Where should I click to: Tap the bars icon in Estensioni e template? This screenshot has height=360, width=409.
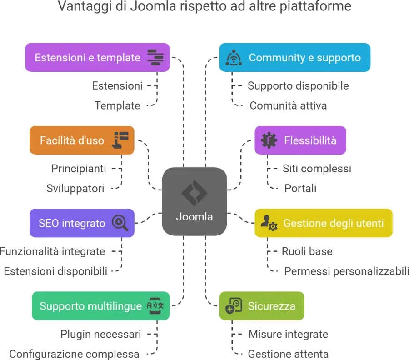pyautogui.click(x=155, y=58)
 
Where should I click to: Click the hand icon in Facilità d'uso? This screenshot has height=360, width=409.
pyautogui.click(x=120, y=140)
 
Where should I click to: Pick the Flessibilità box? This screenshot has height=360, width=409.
pyautogui.click(x=300, y=140)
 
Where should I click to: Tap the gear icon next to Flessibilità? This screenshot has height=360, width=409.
pyautogui.click(x=269, y=140)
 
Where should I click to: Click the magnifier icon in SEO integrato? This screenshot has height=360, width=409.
pyautogui.click(x=120, y=223)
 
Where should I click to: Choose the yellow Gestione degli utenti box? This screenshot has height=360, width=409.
pyautogui.click(x=323, y=223)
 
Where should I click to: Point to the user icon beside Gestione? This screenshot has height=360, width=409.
pyautogui.click(x=269, y=223)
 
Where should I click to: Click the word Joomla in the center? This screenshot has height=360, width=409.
pyautogui.click(x=194, y=217)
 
